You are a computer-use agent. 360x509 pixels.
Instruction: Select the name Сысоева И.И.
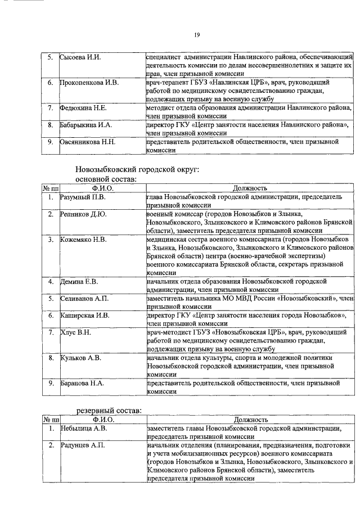pos(81,57)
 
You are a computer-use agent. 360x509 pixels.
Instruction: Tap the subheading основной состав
pos(105,178)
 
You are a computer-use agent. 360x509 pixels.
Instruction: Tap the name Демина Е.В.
pos(79,281)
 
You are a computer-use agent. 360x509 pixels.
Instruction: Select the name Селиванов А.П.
pos(84,298)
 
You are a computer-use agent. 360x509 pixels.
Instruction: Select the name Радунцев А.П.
pos(83,445)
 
